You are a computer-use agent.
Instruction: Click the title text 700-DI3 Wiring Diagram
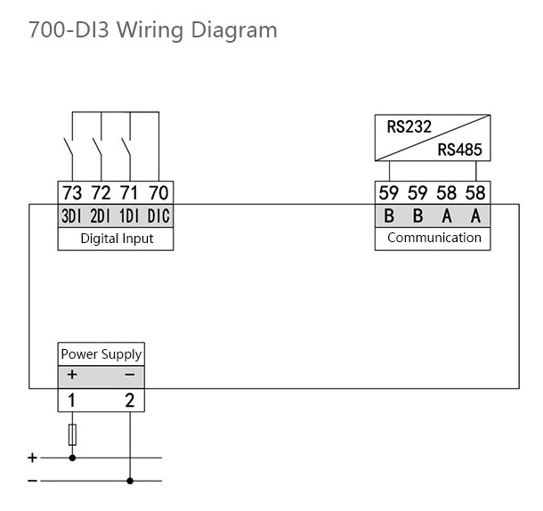click(x=152, y=30)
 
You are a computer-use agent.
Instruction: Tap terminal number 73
click(x=72, y=192)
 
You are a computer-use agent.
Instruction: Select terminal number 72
click(x=101, y=192)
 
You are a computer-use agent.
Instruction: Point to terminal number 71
click(x=130, y=192)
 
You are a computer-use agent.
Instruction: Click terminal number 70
click(x=158, y=192)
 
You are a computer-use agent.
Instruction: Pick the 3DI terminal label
click(x=72, y=216)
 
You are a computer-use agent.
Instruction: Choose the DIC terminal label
click(x=158, y=216)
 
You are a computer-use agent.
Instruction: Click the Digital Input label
click(x=117, y=239)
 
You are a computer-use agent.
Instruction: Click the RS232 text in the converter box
click(x=409, y=126)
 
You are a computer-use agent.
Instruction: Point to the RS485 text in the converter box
click(x=459, y=150)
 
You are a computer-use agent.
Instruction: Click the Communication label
click(x=434, y=238)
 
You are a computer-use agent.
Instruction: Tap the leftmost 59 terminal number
click(x=389, y=192)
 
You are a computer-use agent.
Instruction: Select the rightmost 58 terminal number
click(x=475, y=192)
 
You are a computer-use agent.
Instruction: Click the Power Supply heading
click(x=101, y=354)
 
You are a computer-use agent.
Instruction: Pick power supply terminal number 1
click(x=72, y=401)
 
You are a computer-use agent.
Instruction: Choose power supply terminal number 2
click(x=130, y=401)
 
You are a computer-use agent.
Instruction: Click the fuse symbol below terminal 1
click(x=72, y=434)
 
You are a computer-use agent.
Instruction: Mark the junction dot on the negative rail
click(x=130, y=481)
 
